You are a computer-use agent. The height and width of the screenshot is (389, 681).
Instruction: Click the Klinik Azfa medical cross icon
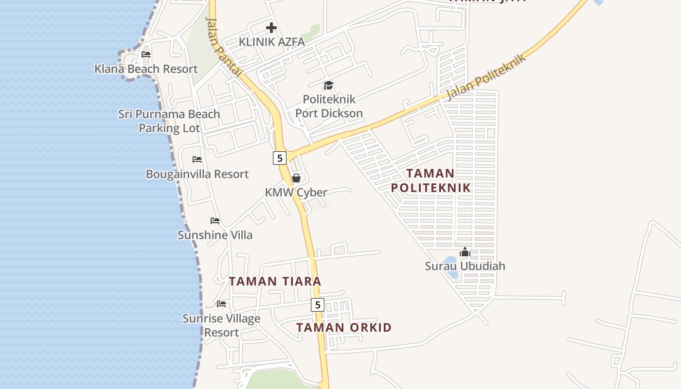tap(271, 28)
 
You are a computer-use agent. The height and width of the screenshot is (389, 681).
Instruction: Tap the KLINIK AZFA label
tap(271, 42)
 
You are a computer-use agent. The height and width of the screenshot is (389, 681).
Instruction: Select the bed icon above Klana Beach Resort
tap(146, 54)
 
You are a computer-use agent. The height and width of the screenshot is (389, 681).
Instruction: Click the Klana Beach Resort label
tap(146, 69)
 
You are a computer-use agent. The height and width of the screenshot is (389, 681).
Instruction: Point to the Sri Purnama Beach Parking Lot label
tap(169, 121)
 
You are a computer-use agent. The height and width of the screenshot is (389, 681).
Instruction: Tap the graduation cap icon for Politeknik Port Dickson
tap(329, 86)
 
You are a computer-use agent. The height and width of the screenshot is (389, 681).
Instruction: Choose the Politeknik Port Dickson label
tap(329, 106)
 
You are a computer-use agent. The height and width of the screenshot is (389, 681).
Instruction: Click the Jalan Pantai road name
tap(224, 47)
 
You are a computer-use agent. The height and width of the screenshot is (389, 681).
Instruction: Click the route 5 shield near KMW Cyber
tap(279, 158)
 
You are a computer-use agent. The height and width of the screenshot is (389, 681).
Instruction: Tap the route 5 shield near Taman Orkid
tap(317, 305)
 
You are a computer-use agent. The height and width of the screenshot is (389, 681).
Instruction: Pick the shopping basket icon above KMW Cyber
tap(296, 178)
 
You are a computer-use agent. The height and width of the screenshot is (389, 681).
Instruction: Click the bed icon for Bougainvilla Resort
tap(197, 159)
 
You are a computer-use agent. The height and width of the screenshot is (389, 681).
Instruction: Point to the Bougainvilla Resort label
tap(197, 174)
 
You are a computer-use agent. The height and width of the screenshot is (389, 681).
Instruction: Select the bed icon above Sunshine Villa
tap(215, 221)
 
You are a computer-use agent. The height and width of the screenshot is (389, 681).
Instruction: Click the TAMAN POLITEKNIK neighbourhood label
tap(431, 180)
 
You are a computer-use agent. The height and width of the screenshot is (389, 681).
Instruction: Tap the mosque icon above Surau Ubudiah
tap(465, 252)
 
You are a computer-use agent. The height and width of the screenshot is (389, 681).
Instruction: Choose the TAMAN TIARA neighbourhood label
tap(275, 281)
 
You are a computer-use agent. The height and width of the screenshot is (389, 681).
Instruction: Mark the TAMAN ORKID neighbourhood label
tap(344, 327)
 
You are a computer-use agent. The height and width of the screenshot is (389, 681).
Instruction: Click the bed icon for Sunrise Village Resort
tap(221, 304)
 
